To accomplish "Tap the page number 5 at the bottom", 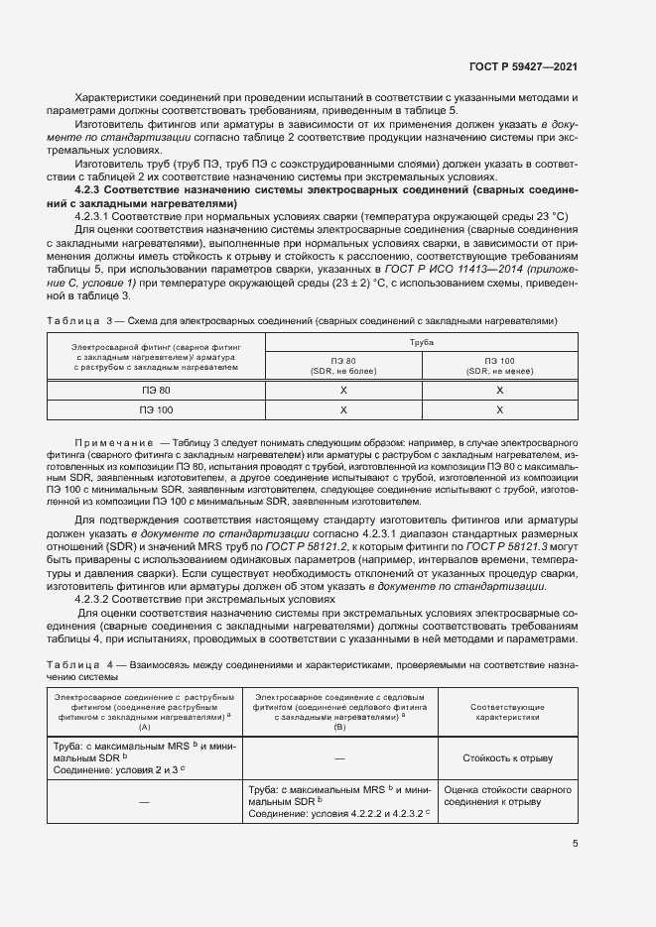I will pos(576,845).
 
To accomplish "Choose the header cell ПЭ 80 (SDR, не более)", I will pos(343,365).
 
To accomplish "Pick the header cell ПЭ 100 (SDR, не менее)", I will pos(499,365).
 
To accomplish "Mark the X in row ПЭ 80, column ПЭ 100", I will pos(499,390).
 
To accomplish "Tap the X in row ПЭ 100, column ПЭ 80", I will pos(343,409).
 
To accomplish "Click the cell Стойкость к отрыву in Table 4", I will pos(506,758).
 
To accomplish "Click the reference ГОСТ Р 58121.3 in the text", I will pos(524,547).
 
